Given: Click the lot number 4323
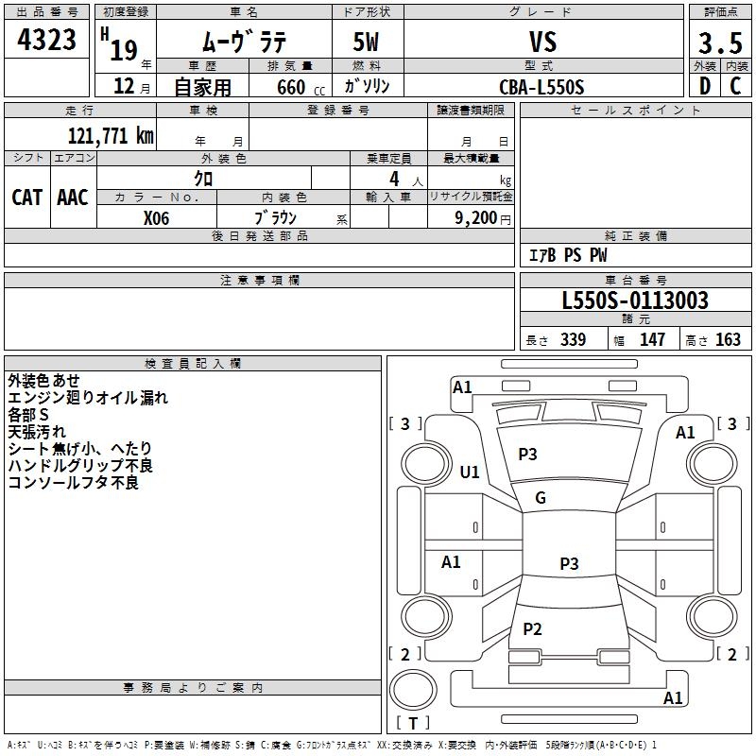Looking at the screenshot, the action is coord(46,40).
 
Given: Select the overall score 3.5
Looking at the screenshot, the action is coord(720,43).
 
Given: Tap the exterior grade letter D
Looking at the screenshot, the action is coord(705,86).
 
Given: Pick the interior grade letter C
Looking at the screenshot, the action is coord(735,86).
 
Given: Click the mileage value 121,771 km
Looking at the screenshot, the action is coord(111,136).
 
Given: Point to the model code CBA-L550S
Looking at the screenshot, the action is coord(541,87).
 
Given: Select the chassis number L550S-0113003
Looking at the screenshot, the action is coord(635,301).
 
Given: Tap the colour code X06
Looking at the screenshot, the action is coord(156,218).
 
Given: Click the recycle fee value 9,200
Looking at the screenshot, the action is coord(475,218).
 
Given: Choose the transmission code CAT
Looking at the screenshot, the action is coord(27,198).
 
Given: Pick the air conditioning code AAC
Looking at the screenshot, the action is coord(73,198).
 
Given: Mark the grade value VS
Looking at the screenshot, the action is coord(542,42).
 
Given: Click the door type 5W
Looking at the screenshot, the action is coord(366,42).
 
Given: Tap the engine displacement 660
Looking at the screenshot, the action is coord(291,87).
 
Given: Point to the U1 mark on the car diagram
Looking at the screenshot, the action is coord(469,472).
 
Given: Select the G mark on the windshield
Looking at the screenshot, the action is coord(541,498).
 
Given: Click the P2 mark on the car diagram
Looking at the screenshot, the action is coord(532,628).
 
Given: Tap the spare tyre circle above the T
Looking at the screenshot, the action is coord(413,690).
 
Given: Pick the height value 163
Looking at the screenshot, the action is coord(728,340).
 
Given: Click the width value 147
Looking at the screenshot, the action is coord(652,340).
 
